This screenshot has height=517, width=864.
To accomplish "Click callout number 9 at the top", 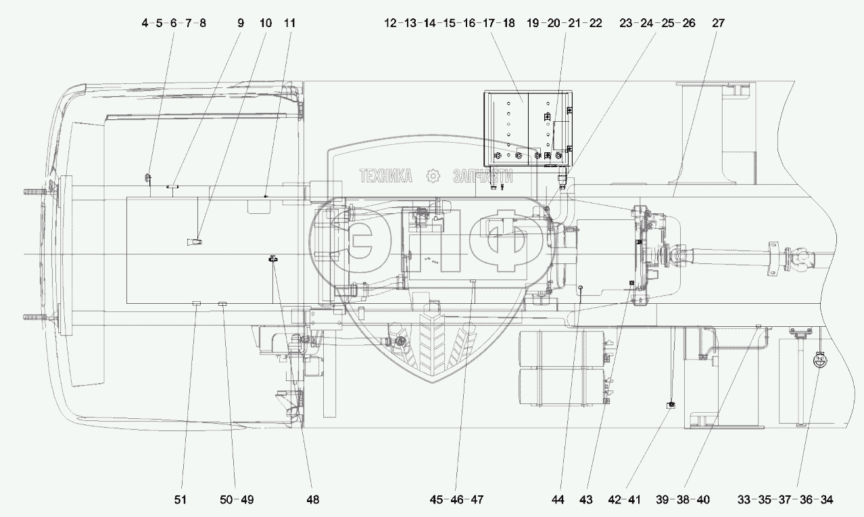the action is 241,23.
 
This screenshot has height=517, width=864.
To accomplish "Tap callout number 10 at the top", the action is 266,23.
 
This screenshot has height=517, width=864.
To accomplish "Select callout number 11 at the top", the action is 289,23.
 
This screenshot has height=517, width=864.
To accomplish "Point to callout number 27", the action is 718,23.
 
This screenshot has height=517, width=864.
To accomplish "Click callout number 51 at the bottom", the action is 180,500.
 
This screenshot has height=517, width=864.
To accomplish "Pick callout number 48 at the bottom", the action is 313,500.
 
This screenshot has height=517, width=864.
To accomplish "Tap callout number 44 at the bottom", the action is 558,500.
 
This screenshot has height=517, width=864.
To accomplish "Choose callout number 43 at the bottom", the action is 586,500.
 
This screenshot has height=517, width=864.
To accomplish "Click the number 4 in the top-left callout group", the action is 145,23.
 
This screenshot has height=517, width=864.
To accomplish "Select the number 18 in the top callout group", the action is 508,23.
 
